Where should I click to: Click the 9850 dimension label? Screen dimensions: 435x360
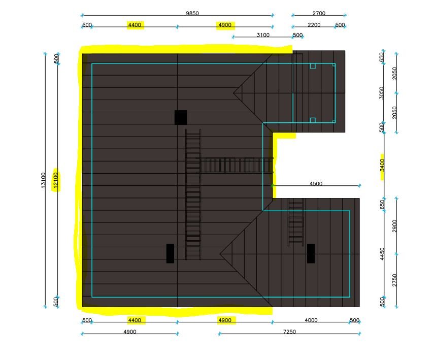pyautogui.click(x=192, y=13)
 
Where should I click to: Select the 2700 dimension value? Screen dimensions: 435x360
pyautogui.click(x=319, y=13)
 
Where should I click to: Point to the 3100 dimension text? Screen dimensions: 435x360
pyautogui.click(x=263, y=35)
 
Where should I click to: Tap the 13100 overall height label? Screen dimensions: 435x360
pyautogui.click(x=43, y=180)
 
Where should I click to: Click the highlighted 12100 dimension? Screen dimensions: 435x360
pyautogui.click(x=56, y=180)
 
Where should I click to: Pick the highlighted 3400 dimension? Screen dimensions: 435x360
pyautogui.click(x=382, y=165)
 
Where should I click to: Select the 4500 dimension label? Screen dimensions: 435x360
pyautogui.click(x=316, y=183)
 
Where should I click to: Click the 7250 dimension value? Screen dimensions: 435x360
pyautogui.click(x=289, y=332)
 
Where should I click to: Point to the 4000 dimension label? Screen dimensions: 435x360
pyautogui.click(x=311, y=320)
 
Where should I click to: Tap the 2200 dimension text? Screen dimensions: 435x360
pyautogui.click(x=314, y=25)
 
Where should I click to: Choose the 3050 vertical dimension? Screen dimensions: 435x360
pyautogui.click(x=382, y=93)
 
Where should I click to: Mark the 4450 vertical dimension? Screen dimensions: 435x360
pyautogui.click(x=382, y=254)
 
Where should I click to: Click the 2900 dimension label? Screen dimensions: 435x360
pyautogui.click(x=395, y=226)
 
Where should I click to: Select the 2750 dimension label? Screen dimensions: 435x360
pyautogui.click(x=395, y=280)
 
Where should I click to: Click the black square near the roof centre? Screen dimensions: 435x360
pyautogui.click(x=181, y=117)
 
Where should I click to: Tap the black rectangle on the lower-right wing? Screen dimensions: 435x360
pyautogui.click(x=311, y=253)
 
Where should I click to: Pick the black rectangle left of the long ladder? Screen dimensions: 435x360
pyautogui.click(x=171, y=253)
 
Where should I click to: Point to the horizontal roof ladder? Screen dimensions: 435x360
pyautogui.click(x=235, y=166)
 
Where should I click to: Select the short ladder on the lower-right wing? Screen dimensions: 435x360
pyautogui.click(x=296, y=222)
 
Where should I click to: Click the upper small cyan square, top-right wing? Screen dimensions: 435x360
pyautogui.click(x=313, y=66)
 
